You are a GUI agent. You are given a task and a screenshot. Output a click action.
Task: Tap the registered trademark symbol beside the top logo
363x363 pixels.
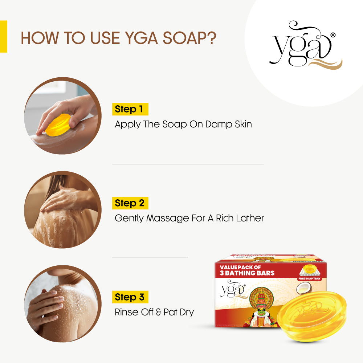333,35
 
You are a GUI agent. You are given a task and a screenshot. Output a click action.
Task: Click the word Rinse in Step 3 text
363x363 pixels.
127,312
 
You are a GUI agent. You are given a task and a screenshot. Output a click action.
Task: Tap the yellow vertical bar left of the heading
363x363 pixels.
3,36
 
